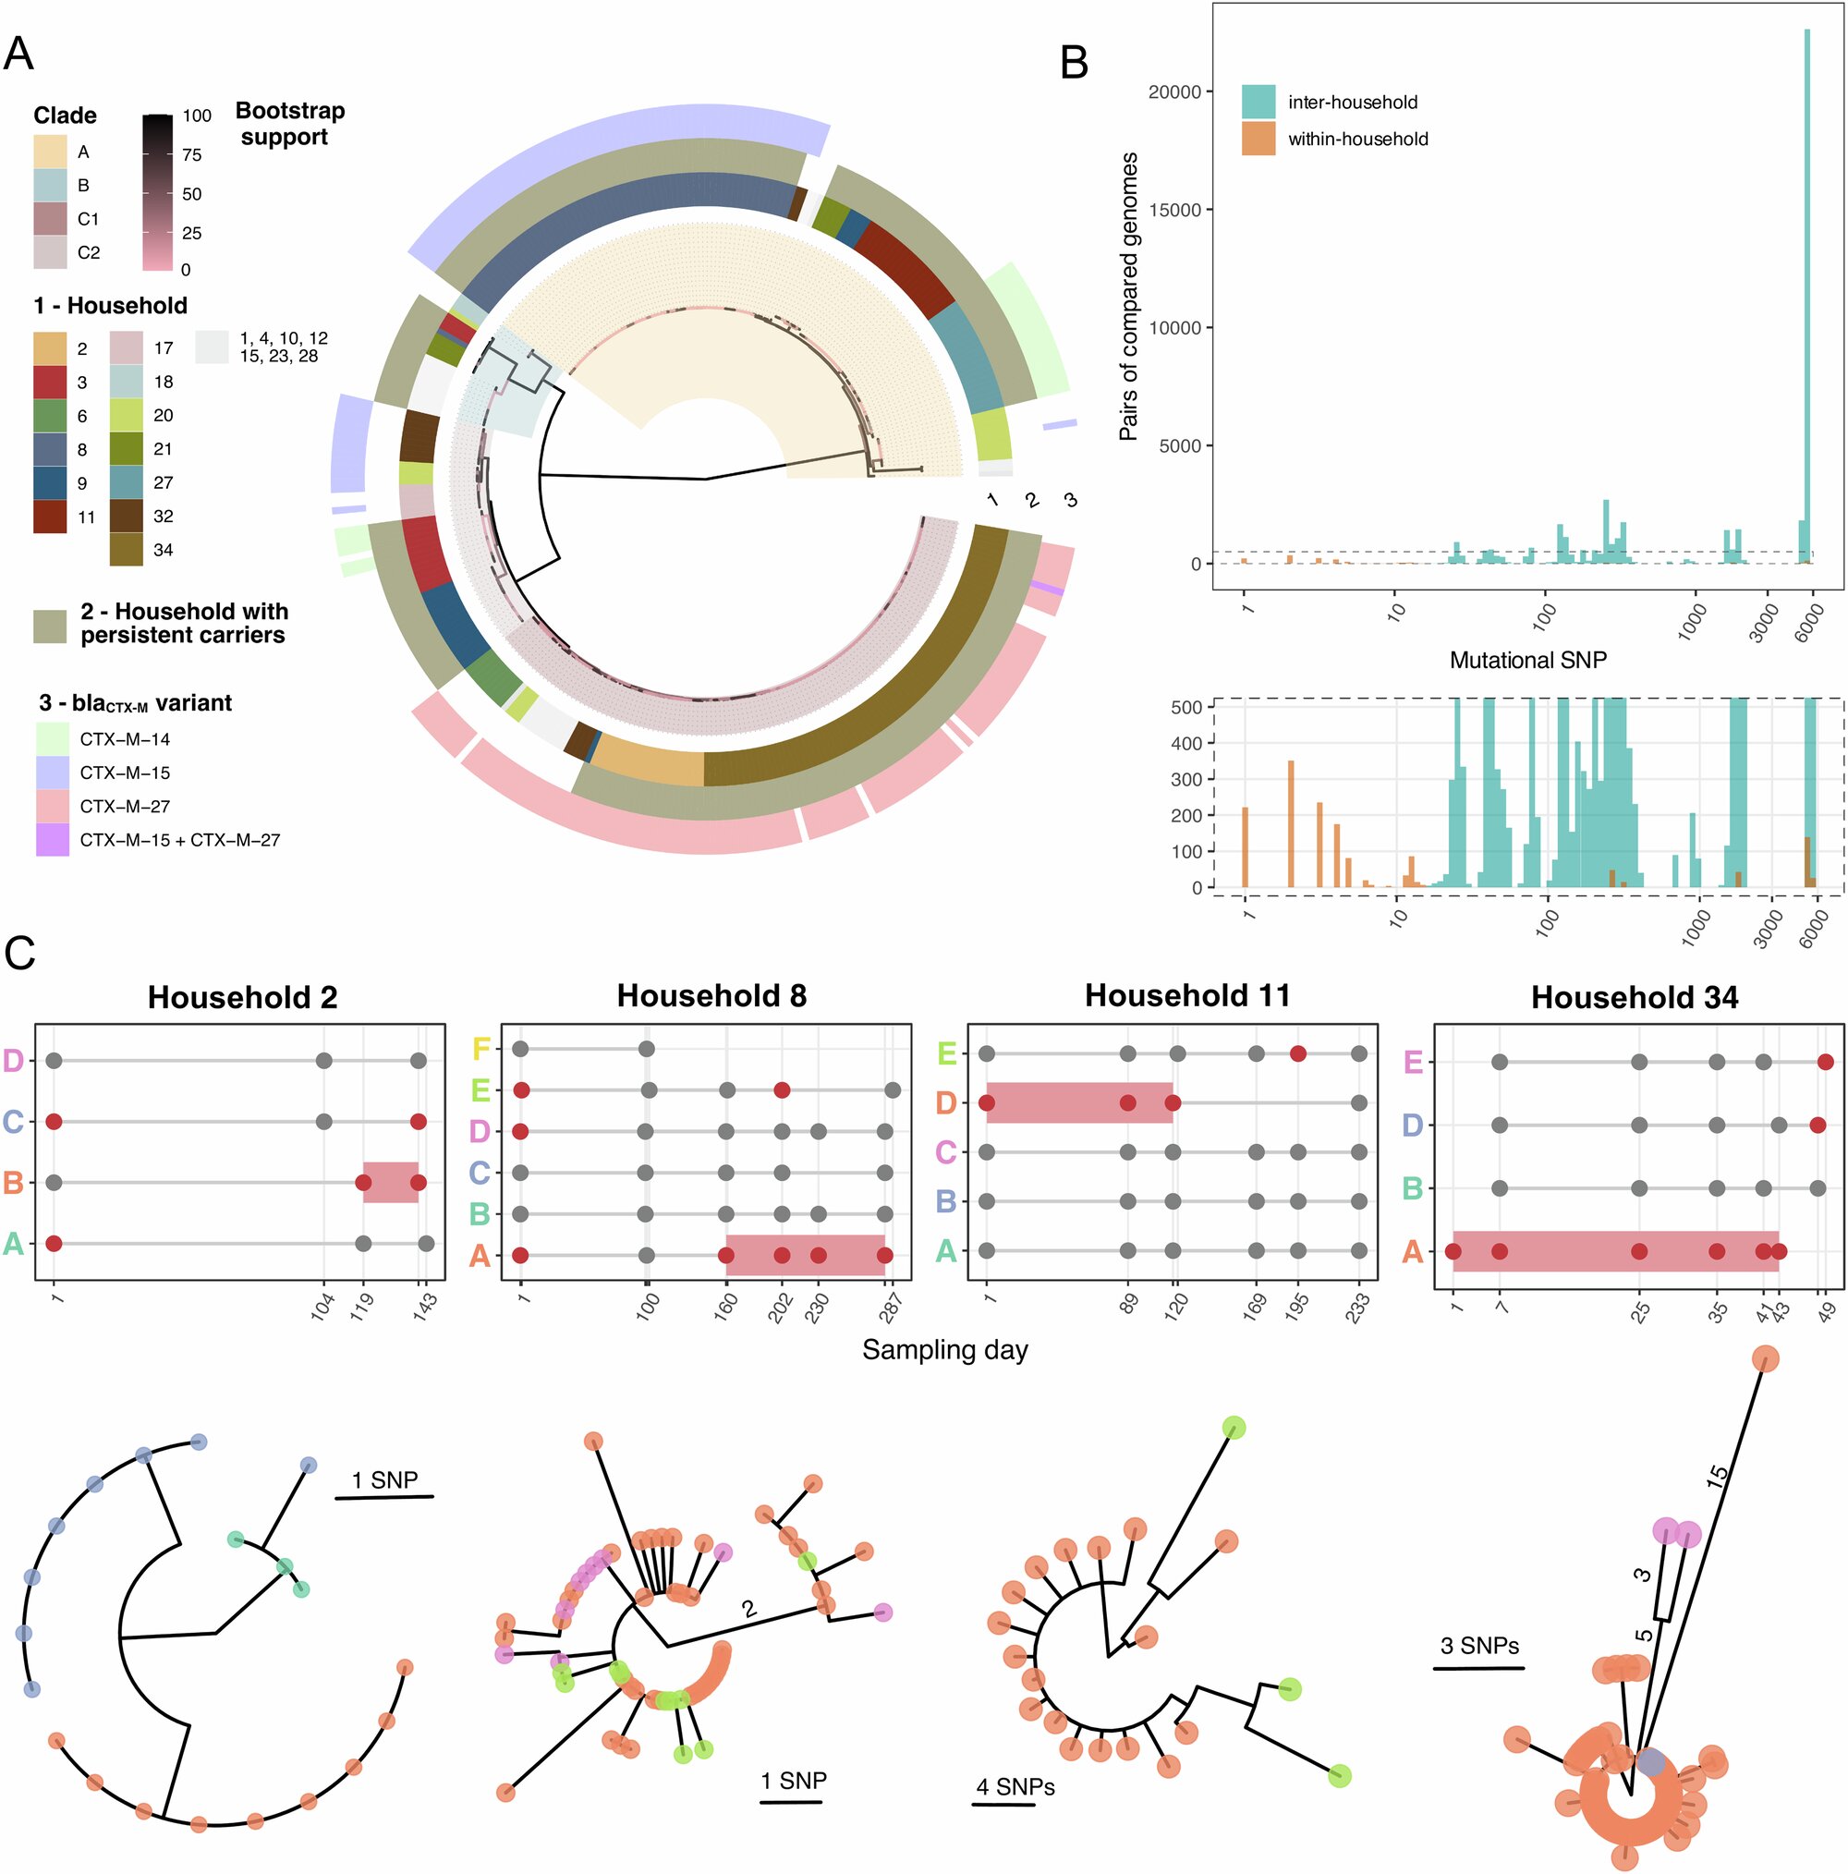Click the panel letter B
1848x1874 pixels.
[1074, 63]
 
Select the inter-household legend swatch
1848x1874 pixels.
[1258, 102]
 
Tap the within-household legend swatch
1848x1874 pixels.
[1258, 139]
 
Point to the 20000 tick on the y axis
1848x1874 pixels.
[1173, 92]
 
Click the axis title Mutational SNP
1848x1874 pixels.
[1528, 661]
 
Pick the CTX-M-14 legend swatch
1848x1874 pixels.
[53, 739]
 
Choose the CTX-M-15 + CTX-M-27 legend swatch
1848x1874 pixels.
[53, 840]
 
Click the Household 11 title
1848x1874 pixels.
[1187, 996]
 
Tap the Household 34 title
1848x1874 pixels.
[1635, 998]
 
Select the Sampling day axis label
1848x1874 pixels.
[945, 1350]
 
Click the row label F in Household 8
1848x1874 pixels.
[480, 1050]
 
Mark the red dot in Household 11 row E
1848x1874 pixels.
[1298, 1053]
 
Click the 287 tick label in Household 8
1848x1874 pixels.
[890, 1309]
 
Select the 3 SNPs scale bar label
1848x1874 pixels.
[1479, 1645]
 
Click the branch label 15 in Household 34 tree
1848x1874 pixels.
[1716, 1477]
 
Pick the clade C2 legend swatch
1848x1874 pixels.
[51, 252]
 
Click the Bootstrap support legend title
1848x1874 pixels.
[289, 123]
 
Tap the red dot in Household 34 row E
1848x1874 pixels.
[1825, 1062]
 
